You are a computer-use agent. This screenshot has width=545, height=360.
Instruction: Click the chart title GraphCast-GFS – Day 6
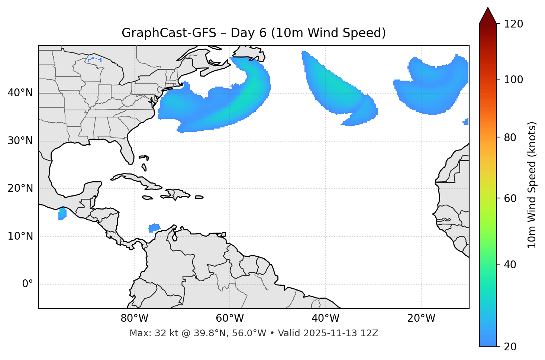coord(254,33)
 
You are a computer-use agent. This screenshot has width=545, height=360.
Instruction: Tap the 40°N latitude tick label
coord(20,93)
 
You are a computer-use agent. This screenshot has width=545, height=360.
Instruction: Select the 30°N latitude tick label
coord(20,141)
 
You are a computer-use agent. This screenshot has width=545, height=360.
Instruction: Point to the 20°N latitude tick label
coord(20,188)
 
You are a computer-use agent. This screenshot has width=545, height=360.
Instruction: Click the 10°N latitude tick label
coord(20,236)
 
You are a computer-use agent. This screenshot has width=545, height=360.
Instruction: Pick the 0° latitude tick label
coord(28,284)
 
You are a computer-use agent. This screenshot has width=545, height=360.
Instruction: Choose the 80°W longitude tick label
coord(134,318)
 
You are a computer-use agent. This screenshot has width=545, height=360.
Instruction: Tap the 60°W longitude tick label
coord(230,318)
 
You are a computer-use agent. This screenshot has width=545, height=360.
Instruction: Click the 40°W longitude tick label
coord(325,318)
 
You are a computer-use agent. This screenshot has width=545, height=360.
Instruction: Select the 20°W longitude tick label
coord(421,318)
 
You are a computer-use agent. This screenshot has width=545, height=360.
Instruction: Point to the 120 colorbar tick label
coord(513,24)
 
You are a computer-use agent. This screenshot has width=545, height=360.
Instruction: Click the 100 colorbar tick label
coord(513,80)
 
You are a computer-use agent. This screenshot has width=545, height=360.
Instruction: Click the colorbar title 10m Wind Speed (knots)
coord(532,185)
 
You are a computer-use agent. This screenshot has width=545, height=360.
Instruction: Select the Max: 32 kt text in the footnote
coord(147,333)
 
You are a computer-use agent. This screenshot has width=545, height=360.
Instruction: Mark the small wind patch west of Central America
coord(62,214)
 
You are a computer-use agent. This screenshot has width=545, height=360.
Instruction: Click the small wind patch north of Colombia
coord(154,227)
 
